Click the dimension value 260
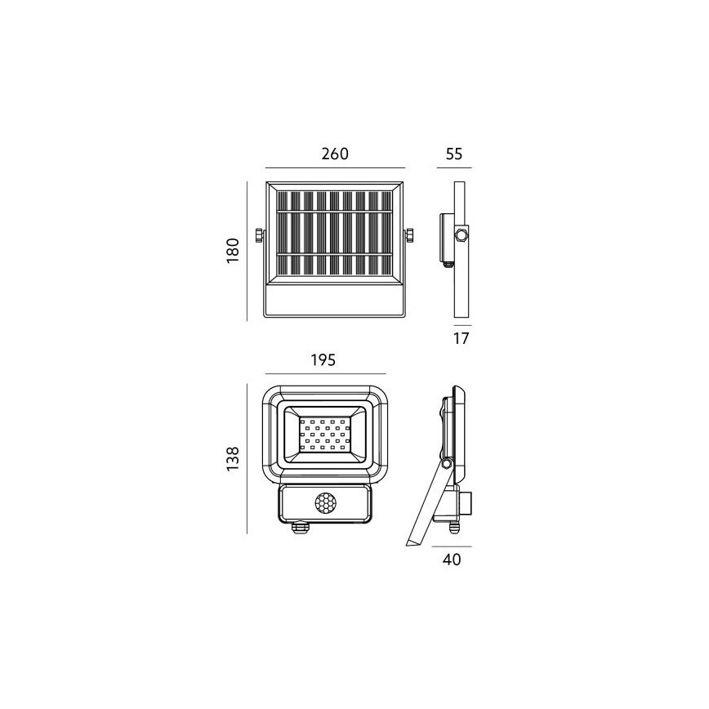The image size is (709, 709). point(335,154)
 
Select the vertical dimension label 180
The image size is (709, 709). point(232,249)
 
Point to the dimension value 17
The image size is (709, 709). point(461,337)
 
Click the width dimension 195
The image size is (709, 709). point(324,360)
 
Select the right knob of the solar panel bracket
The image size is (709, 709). point(409,235)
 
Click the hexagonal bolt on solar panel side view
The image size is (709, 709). point(462,235)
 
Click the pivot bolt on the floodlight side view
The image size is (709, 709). point(446,464)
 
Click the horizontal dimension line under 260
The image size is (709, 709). point(335,168)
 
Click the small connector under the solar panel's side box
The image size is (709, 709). point(447,263)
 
